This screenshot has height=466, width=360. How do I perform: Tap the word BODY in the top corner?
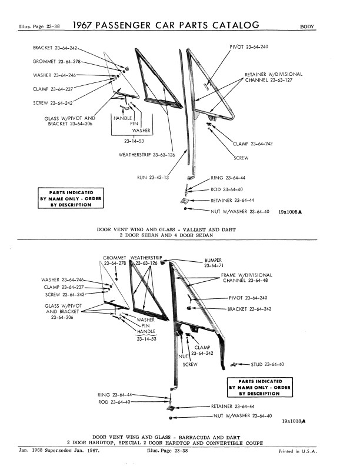click(308, 26)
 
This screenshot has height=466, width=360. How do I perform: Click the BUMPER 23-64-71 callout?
click(214, 263)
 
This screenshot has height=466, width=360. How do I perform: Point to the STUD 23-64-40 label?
click(268, 365)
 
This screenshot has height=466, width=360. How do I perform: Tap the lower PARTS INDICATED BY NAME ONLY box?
click(259, 387)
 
